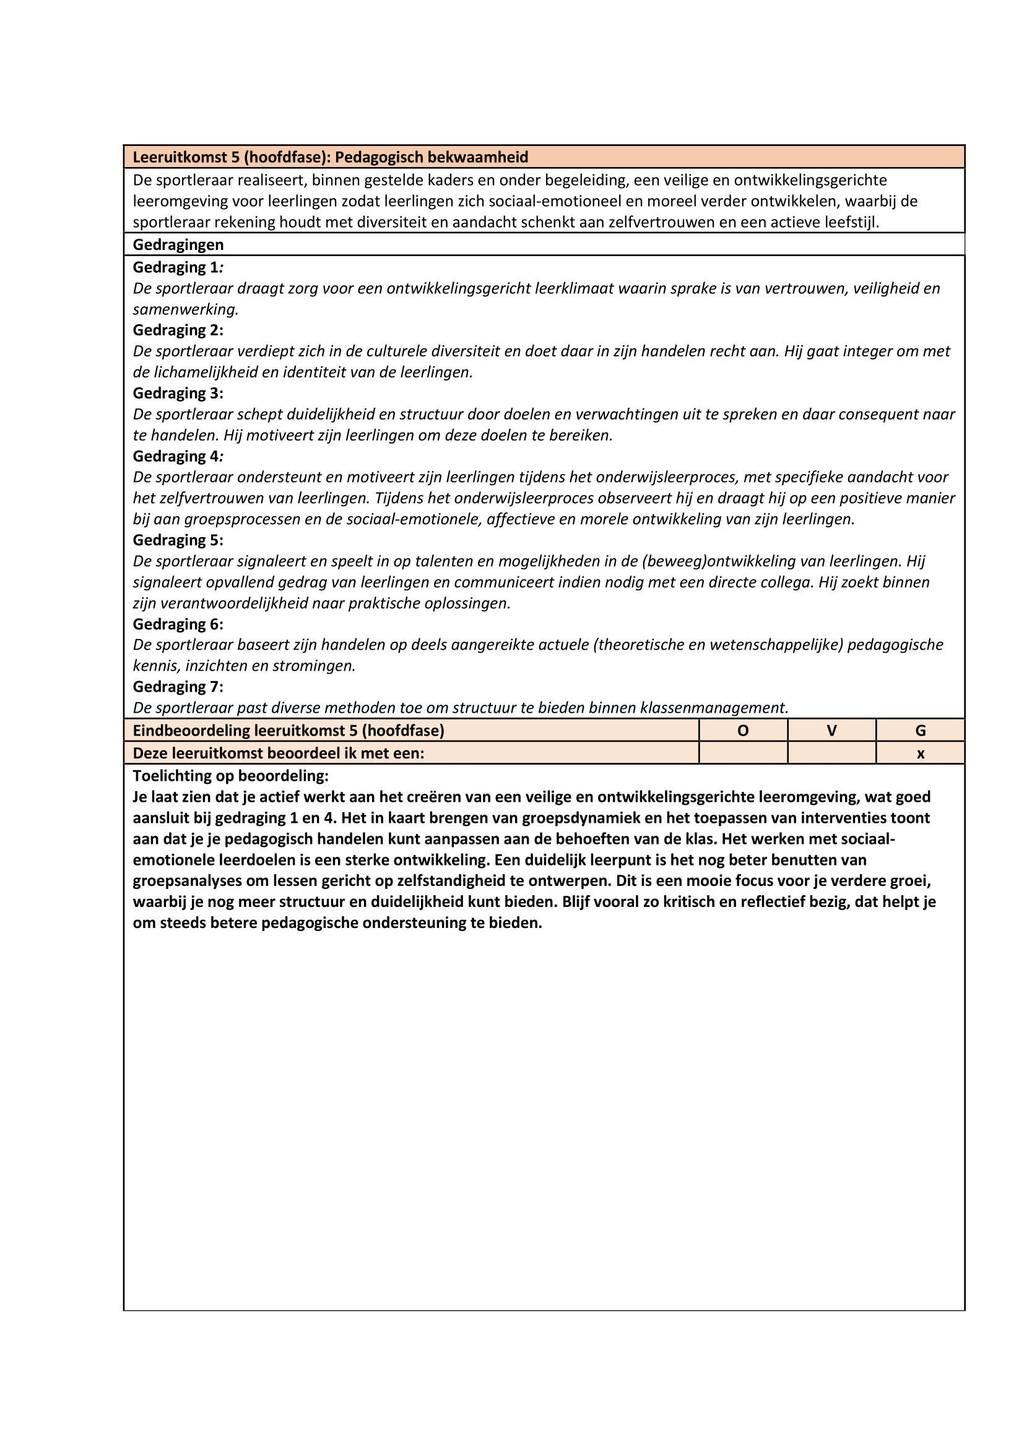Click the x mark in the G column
920,753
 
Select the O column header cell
743,731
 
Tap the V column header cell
831,731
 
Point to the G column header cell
920,731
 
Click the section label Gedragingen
178,244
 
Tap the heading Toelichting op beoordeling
230,775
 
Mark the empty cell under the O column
743,753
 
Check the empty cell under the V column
831,753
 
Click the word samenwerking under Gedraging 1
185,309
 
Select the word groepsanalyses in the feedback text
186,881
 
